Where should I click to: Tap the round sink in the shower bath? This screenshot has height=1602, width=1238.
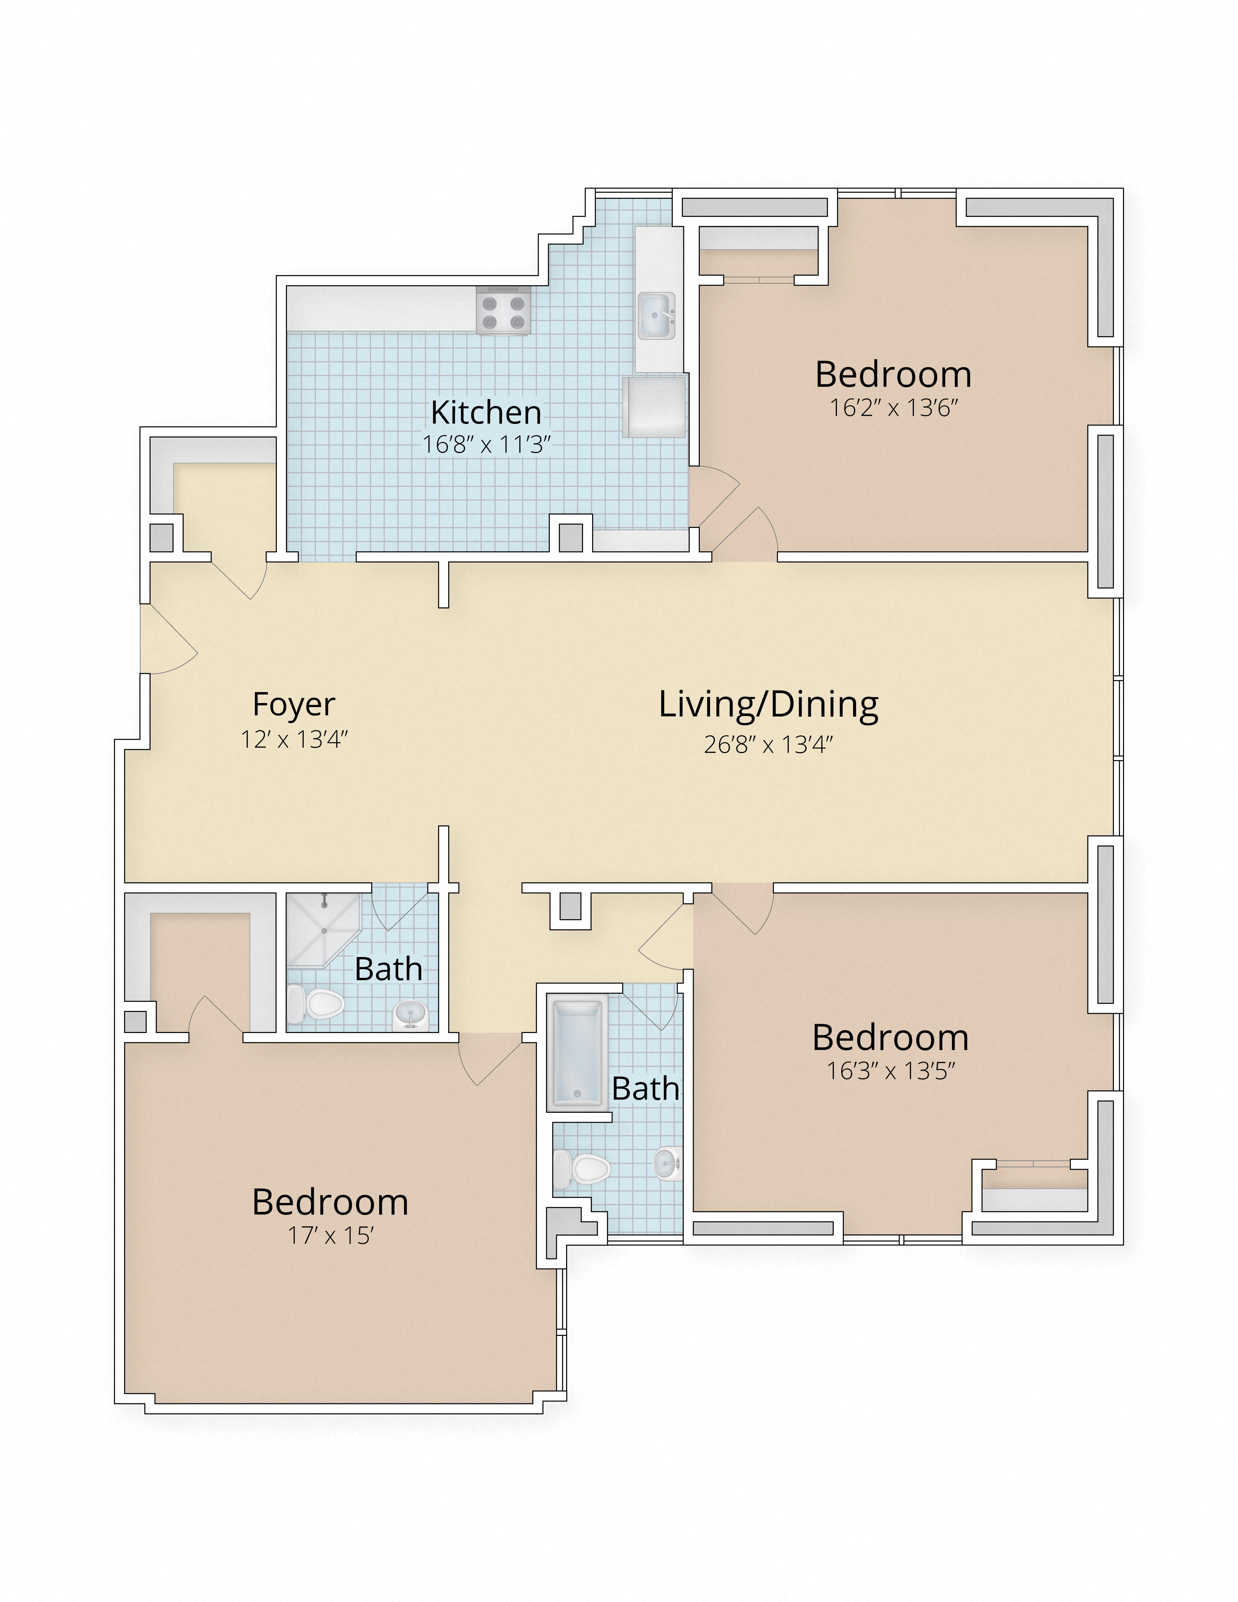click(x=409, y=1015)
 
